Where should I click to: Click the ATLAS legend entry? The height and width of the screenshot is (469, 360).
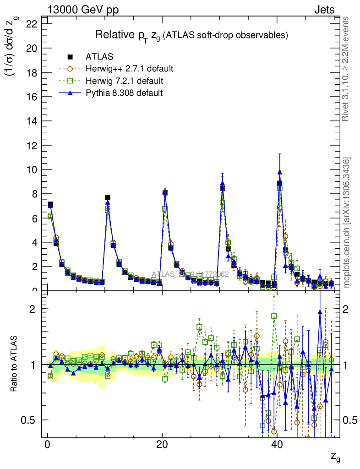[99, 57]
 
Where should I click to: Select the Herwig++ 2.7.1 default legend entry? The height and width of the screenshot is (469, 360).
[129, 69]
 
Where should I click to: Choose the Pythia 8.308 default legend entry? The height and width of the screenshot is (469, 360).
[124, 93]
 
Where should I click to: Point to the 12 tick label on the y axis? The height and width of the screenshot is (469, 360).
[31, 145]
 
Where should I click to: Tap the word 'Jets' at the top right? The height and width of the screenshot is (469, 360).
[324, 10]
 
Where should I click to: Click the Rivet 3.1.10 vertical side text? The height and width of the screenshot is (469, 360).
[346, 69]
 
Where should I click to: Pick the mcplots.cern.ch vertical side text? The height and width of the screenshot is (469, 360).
[347, 222]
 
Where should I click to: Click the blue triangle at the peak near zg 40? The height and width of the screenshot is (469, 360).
[279, 172]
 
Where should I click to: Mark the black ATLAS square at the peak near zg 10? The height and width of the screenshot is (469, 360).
[108, 198]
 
